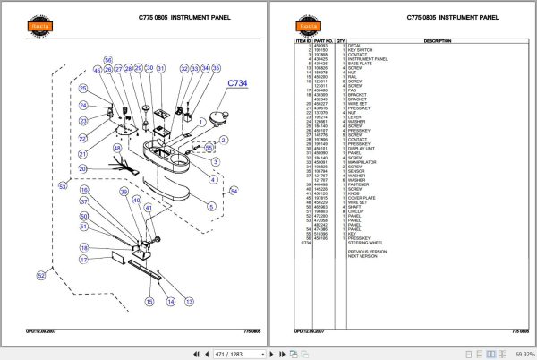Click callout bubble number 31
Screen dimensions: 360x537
[x=161, y=69]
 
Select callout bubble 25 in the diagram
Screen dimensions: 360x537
[x=82, y=89]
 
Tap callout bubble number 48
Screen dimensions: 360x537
[x=115, y=148]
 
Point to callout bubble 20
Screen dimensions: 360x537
[x=82, y=168]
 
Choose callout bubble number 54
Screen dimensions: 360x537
[x=234, y=190]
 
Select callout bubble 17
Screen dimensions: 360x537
[x=82, y=260]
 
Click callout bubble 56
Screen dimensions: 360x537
[x=85, y=230]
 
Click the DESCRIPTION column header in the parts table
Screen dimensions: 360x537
[x=437, y=41]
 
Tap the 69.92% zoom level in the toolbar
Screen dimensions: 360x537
[x=517, y=353]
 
